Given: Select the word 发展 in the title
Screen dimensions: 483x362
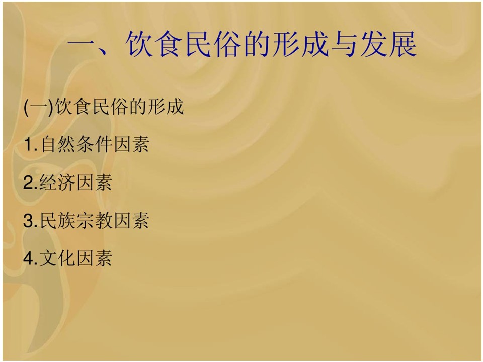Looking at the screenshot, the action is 388,44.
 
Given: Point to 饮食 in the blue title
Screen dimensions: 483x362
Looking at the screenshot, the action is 153,44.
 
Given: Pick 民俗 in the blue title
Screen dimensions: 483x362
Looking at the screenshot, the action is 212,44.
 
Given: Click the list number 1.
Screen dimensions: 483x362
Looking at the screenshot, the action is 31,144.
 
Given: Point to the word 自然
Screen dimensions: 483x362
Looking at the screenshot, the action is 58,144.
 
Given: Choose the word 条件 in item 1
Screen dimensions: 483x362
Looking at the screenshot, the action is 95,144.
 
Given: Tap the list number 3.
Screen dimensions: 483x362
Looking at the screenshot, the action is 30,220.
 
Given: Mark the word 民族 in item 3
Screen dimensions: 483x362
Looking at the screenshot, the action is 58,220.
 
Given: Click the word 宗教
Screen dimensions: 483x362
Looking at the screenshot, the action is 95,220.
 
